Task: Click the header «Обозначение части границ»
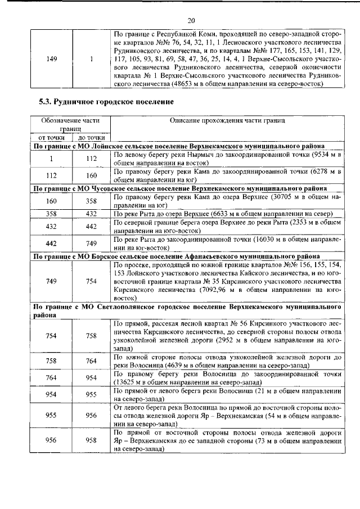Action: [x=71, y=124]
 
